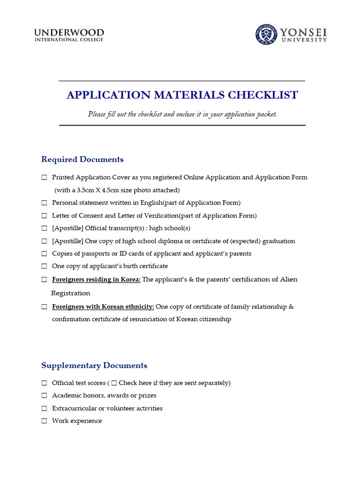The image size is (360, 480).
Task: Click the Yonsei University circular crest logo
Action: point(266,35)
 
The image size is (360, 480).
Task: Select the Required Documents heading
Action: point(82,159)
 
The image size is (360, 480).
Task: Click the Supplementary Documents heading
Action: point(94,366)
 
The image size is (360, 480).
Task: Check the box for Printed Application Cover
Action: point(44,178)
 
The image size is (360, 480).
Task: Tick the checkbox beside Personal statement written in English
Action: point(44,203)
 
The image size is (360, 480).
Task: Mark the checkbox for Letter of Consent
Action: point(44,216)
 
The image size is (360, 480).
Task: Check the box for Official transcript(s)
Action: point(44,228)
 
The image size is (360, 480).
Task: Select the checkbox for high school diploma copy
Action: point(44,241)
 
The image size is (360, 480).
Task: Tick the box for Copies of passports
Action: point(44,254)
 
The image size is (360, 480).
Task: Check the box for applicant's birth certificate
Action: point(44,266)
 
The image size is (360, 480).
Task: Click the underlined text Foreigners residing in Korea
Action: point(96,279)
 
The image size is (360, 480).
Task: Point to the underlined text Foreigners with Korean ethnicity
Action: point(103,307)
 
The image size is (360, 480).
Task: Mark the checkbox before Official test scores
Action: point(44,383)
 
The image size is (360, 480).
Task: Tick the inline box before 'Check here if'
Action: point(114,383)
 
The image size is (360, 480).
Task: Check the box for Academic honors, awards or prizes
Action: point(44,396)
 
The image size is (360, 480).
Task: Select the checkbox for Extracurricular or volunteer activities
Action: point(44,408)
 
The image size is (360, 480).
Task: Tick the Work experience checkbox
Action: point(44,421)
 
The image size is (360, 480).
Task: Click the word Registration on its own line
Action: point(70,293)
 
